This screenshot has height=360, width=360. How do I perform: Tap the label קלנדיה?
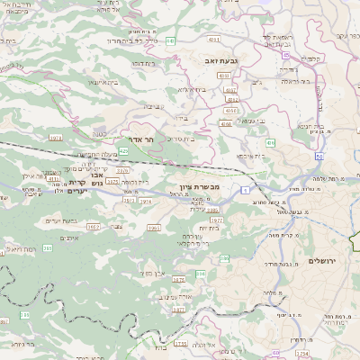coord(337,58)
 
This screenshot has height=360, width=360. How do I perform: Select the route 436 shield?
coord(271,142)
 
